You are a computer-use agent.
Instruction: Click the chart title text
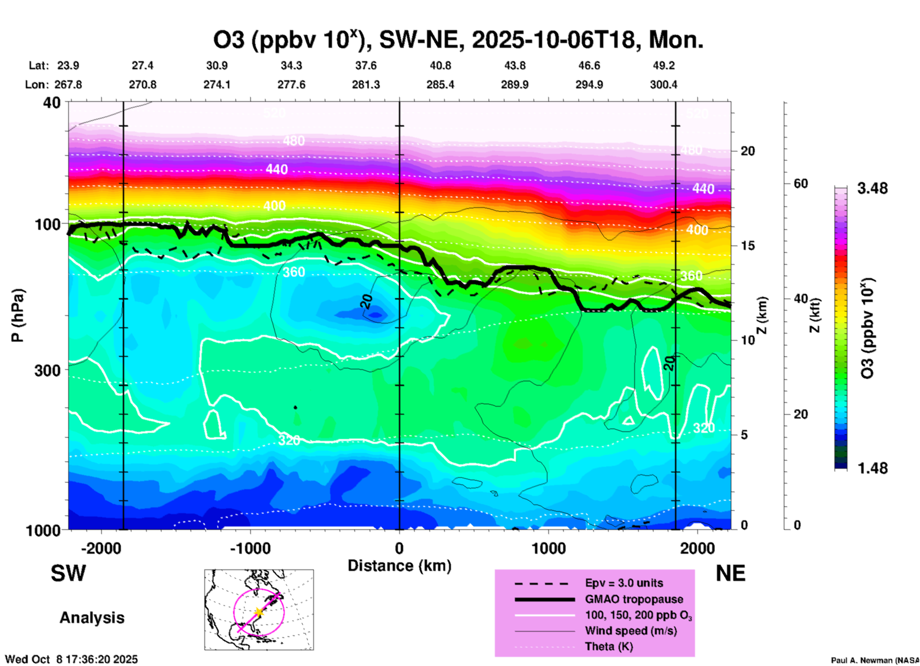pos(458,40)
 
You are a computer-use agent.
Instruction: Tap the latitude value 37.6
pos(366,65)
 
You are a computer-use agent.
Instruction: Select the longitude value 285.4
pos(440,85)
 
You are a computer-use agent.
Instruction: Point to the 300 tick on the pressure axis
pos(47,370)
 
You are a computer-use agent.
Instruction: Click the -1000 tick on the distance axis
pos(250,548)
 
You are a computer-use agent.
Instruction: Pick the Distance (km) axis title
pos(399,566)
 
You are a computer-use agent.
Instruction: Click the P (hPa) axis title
pos(17,315)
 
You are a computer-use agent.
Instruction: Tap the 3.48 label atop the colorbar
pos(872,189)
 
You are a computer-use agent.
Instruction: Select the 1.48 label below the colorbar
pos(872,468)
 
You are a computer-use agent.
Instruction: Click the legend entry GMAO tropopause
pos(634,599)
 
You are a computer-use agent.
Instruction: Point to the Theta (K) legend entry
pos(609,646)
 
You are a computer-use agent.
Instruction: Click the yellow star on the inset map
pos(258,612)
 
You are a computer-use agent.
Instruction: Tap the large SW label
pos(68,573)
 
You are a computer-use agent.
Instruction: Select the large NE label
pos(730,573)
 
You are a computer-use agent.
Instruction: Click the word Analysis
pos(92,618)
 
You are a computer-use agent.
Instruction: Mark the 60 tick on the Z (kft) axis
pos(801,183)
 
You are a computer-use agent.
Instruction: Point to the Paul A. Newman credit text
pos(875,660)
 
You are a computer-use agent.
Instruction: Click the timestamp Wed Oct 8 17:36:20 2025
pos(71,659)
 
